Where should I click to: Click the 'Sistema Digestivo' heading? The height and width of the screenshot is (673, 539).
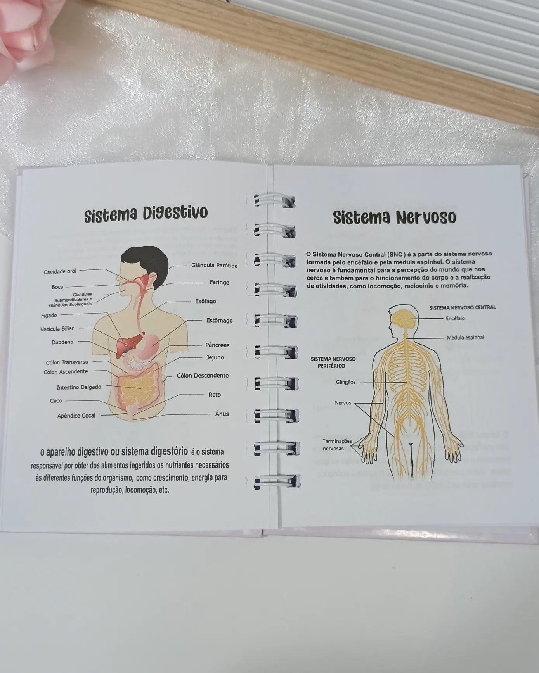pos(146,214)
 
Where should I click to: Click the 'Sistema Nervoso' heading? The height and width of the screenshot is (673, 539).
pos(394,217)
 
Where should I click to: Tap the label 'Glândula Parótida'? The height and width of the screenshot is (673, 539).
pos(214,266)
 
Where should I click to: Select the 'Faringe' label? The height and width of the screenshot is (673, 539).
pos(219,282)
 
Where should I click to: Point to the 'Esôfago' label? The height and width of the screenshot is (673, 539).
pos(206,301)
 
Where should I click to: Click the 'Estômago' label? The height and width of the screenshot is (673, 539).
pos(219,321)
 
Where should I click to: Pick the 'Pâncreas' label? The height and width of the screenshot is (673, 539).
pos(217,345)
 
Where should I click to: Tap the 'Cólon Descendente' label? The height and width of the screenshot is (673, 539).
pos(203,375)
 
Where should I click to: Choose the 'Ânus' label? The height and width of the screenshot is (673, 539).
pos(222,414)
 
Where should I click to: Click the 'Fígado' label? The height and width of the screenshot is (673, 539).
pos(49,316)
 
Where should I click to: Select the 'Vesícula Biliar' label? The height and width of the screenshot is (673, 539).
pos(57,329)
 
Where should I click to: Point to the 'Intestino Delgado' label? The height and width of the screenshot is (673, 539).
pos(79,387)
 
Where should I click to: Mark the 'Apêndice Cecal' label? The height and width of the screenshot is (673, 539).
pos(76,416)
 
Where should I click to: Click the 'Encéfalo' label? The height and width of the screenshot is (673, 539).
pos(455,318)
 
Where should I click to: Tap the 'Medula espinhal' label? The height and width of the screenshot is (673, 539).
pos(465,338)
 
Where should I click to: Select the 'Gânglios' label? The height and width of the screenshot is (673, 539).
pos(346,382)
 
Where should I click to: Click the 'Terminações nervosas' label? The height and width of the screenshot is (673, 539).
pos(337,445)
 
